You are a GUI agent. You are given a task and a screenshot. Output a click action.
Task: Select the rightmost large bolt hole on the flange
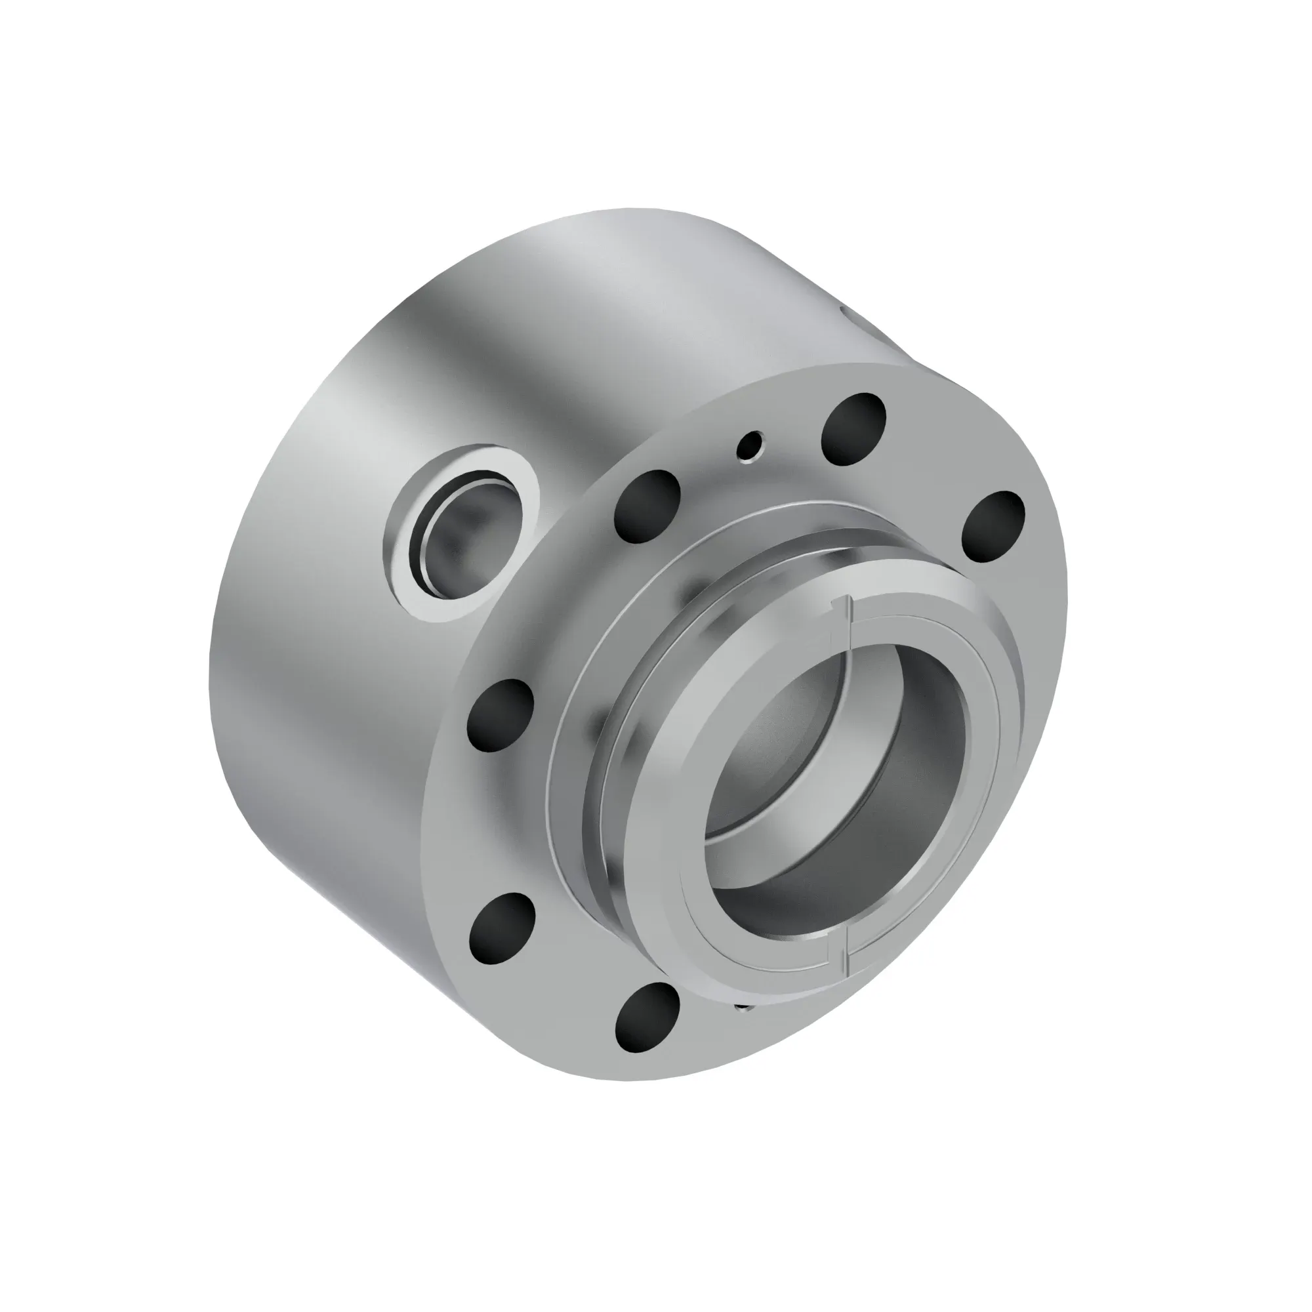click(993, 527)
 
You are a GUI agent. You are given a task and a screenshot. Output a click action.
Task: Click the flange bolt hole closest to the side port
click(647, 506)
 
